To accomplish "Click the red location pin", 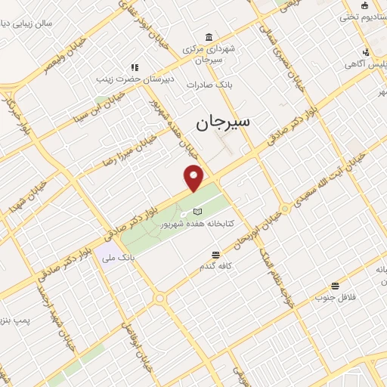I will point(194,178).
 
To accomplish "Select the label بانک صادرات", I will point(208,84).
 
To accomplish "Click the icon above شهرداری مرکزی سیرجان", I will point(208,38).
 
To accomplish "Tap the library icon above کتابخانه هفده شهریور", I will point(197,212).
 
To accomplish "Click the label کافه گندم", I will point(216,266).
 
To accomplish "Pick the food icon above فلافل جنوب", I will point(335,285).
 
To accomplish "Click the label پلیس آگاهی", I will point(366,65).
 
